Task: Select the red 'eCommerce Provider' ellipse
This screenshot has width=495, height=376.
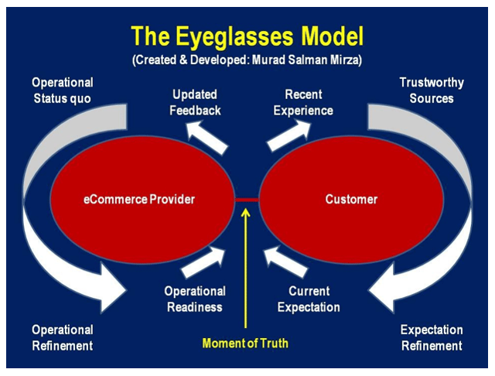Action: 139,199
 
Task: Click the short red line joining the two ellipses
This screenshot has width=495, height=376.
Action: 247,199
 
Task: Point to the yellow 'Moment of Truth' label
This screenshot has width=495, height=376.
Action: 245,343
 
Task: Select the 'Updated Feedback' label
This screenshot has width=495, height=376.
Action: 196,102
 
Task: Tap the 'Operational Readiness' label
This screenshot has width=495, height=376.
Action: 194,299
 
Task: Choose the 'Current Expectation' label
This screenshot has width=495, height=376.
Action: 303,299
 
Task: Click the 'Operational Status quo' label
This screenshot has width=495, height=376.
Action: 63,91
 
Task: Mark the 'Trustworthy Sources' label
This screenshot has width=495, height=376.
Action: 426,91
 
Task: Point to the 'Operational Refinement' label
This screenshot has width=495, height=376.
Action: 63,337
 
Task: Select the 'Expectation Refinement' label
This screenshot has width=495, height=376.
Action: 431,337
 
